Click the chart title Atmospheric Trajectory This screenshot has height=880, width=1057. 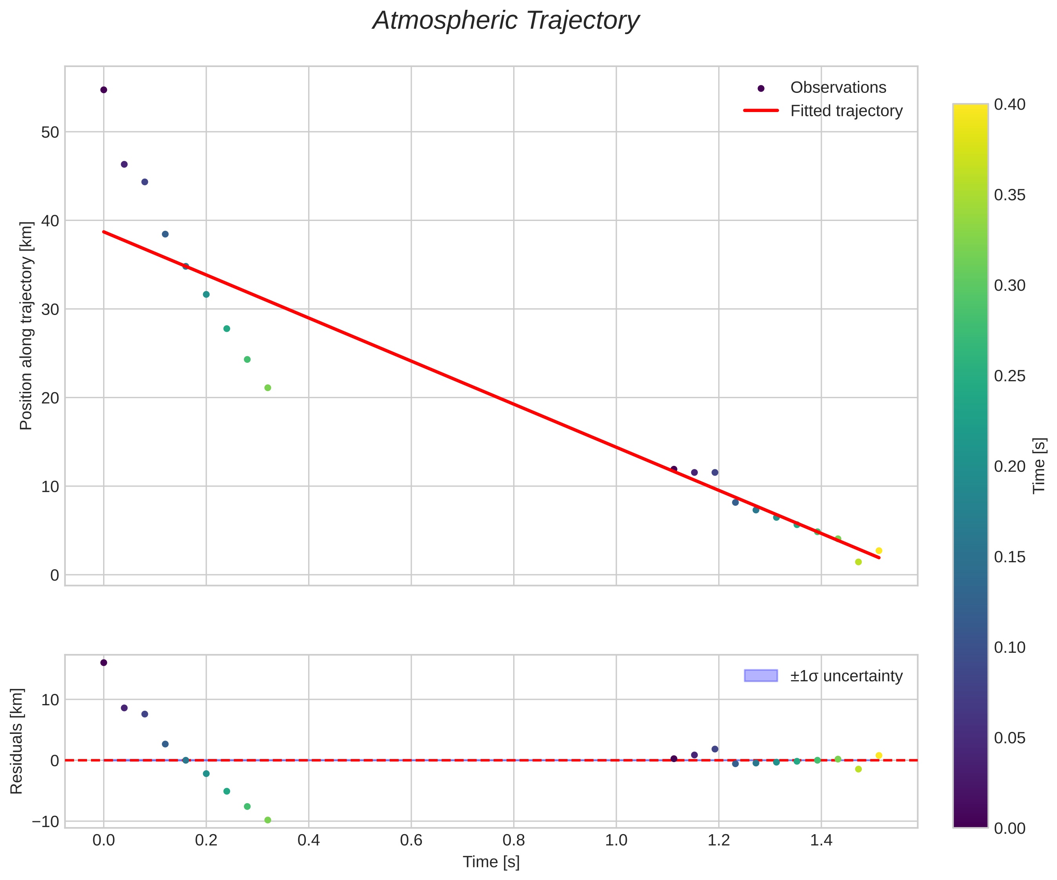tap(505, 21)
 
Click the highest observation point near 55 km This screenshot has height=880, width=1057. tap(104, 90)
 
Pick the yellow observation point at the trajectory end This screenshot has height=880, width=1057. tap(879, 551)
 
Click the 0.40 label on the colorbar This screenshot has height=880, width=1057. tap(1010, 105)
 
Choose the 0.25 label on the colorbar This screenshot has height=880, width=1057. tap(1010, 376)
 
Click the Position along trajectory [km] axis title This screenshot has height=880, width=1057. tap(26, 326)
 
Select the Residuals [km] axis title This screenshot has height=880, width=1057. tap(16, 741)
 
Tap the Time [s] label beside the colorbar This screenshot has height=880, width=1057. tap(1039, 466)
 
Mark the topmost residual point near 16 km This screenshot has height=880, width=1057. tap(104, 663)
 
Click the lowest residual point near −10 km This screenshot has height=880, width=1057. tap(268, 820)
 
